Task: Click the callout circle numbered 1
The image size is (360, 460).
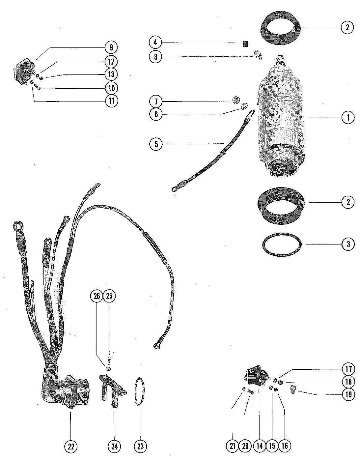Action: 348,118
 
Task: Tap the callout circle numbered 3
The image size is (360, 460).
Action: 348,244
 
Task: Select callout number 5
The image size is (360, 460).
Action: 156,144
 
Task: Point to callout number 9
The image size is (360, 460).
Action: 111,47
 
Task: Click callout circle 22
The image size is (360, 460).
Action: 71,446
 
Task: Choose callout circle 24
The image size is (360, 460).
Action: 114,446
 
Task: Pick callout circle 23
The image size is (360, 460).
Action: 139,446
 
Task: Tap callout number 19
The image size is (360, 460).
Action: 348,394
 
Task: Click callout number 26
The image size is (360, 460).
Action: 97,296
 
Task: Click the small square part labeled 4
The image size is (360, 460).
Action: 245,44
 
